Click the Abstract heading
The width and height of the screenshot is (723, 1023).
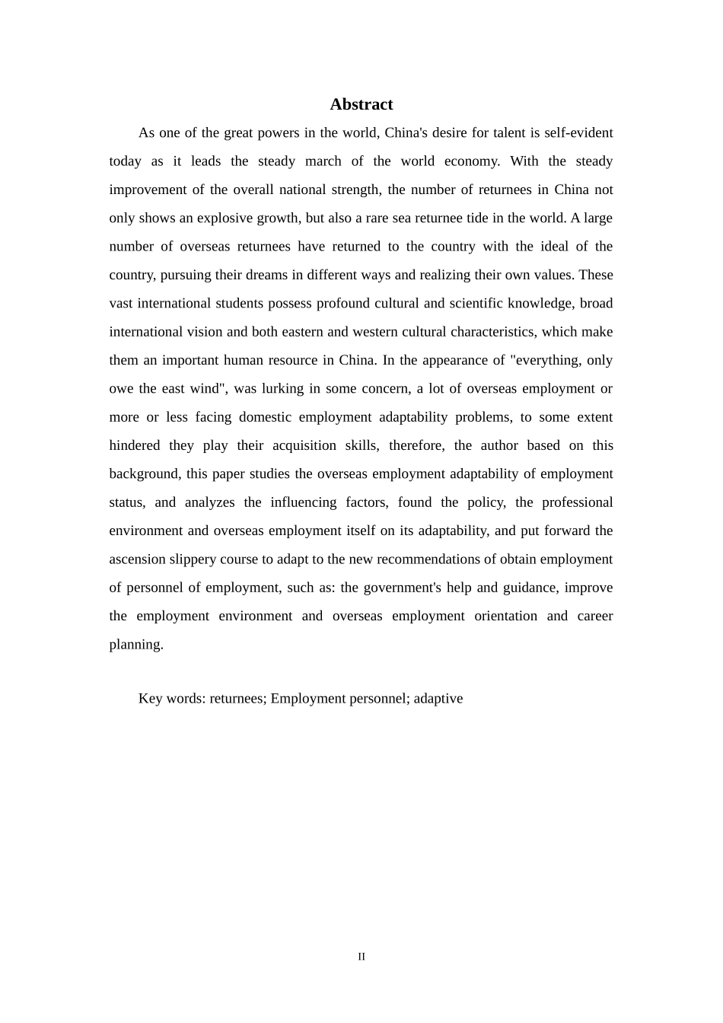click(x=361, y=104)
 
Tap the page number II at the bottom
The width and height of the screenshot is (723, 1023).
click(x=361, y=957)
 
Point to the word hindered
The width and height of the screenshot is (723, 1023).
click(x=135, y=445)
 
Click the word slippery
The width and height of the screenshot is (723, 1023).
click(x=193, y=559)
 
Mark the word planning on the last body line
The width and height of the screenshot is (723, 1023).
click(x=135, y=645)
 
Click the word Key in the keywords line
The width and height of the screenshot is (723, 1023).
click(x=150, y=699)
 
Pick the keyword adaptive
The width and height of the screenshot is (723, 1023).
click(x=438, y=699)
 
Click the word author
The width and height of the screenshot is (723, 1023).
click(x=499, y=445)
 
